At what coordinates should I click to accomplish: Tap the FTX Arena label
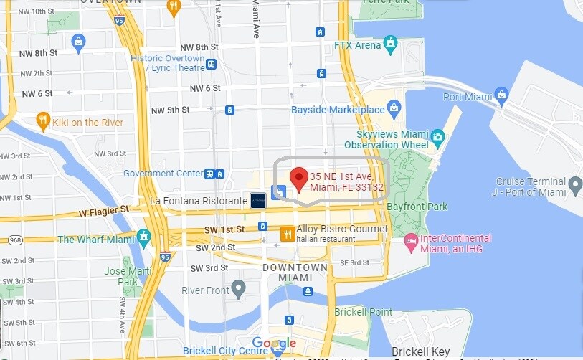point(358,45)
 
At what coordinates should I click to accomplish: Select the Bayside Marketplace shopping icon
point(394,109)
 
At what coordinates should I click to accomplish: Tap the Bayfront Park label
point(417,207)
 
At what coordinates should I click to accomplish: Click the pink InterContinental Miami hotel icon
point(411,240)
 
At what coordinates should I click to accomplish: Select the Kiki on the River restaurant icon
point(42,121)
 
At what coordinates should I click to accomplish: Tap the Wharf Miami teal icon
point(143,237)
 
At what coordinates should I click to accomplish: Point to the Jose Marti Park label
point(120,277)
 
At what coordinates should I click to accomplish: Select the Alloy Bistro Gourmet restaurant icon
point(287,232)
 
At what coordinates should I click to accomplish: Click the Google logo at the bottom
point(273,343)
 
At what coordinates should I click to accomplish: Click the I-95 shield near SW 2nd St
point(165,256)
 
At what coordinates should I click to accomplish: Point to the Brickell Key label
point(420,351)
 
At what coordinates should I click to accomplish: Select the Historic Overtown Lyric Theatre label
point(176,62)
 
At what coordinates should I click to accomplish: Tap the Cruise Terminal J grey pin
point(575,188)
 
